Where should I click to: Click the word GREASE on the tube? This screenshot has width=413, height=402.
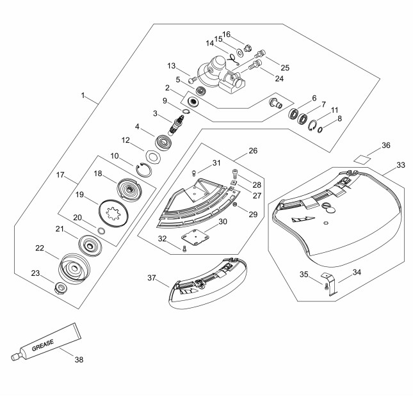point(43,345)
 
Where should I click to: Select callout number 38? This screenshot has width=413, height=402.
point(79,359)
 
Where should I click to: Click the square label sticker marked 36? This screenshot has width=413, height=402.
point(362,159)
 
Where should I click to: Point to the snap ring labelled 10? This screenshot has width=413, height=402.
point(144,170)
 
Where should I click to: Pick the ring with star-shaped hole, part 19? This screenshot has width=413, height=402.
point(113,213)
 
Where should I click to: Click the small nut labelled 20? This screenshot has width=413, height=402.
point(101,231)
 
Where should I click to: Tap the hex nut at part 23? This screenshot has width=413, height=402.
point(61,287)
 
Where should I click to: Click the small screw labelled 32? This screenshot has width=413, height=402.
point(184,248)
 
